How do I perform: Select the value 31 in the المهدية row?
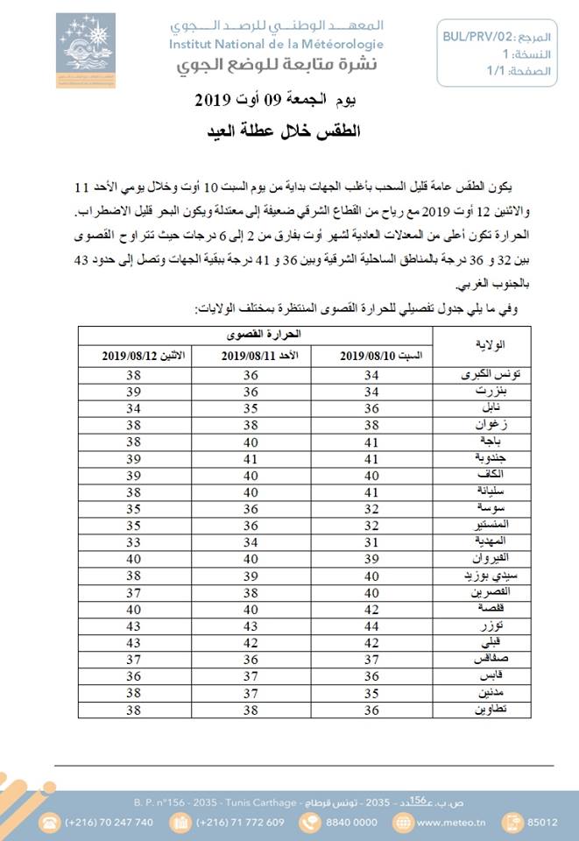coord(371,541)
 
